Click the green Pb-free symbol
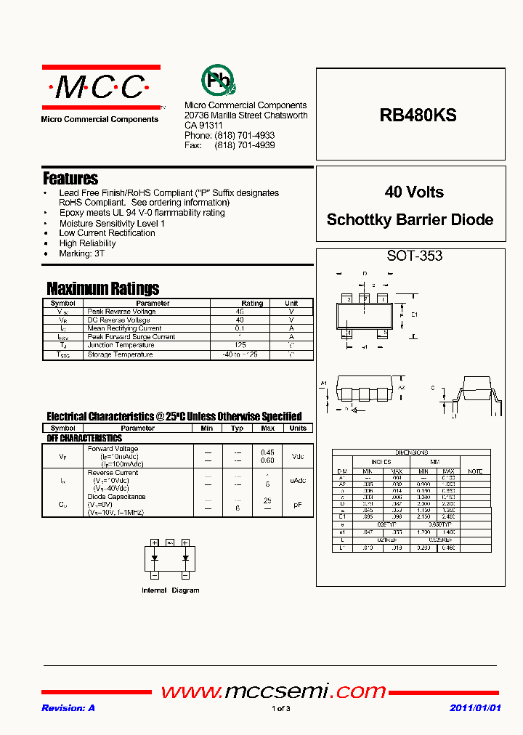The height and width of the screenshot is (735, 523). point(217,81)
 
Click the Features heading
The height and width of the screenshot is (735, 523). point(70,178)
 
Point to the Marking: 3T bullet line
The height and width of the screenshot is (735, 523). point(82,253)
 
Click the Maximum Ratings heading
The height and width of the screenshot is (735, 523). point(102,288)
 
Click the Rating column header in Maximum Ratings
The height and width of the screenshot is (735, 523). point(252,303)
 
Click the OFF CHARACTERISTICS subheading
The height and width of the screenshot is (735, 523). point(84,438)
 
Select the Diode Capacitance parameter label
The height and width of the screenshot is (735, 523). point(116,497)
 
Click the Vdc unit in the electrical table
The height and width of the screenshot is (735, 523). point(298,457)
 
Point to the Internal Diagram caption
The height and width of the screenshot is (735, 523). point(170,590)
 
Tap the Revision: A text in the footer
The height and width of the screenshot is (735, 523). point(68,708)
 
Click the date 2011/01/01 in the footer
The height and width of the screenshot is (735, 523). point(475,708)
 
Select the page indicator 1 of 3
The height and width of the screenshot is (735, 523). point(281,709)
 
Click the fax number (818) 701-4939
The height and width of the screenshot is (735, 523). point(245,145)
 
